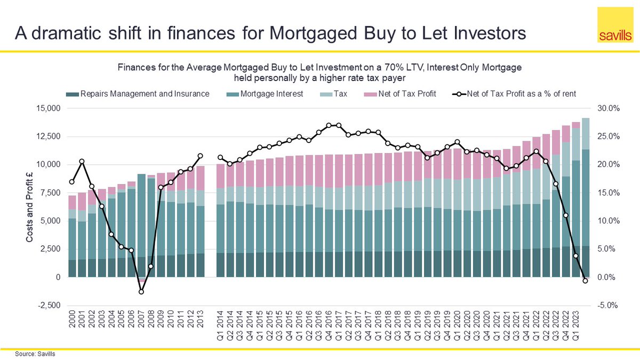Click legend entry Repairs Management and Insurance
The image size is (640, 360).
[x=139, y=94]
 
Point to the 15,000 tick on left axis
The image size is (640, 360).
[x=49, y=108]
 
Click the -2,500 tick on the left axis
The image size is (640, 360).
[x=49, y=306]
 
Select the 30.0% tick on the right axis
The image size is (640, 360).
[x=607, y=108]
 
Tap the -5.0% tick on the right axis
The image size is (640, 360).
[x=607, y=306]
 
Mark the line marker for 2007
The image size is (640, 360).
[x=141, y=292]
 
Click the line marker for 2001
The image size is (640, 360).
[x=82, y=161]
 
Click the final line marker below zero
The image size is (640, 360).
[x=585, y=281]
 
